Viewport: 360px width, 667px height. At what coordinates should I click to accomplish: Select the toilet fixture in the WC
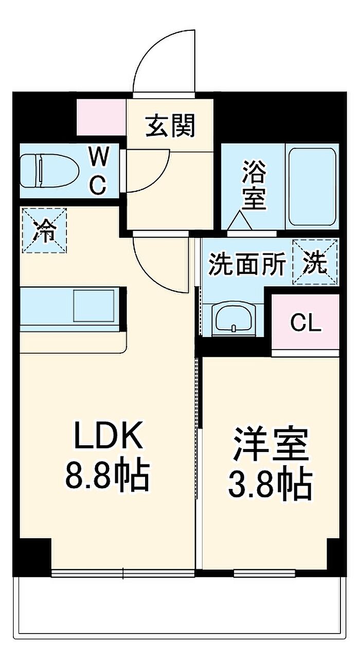point(49,170)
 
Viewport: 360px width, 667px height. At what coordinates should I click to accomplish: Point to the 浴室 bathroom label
point(254,185)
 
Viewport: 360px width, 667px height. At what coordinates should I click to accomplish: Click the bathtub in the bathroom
point(312,187)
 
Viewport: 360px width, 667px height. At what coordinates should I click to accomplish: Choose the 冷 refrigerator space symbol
point(44,230)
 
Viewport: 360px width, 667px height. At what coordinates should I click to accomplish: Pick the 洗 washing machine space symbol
point(316,262)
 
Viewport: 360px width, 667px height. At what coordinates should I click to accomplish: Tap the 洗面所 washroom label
point(247,263)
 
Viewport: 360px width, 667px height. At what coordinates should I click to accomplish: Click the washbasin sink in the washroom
point(234,318)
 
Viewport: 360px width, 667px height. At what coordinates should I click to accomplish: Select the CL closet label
point(306,323)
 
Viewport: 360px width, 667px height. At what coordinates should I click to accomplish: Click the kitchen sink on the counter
point(94,305)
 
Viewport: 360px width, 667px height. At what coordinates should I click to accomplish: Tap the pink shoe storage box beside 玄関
point(101,117)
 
